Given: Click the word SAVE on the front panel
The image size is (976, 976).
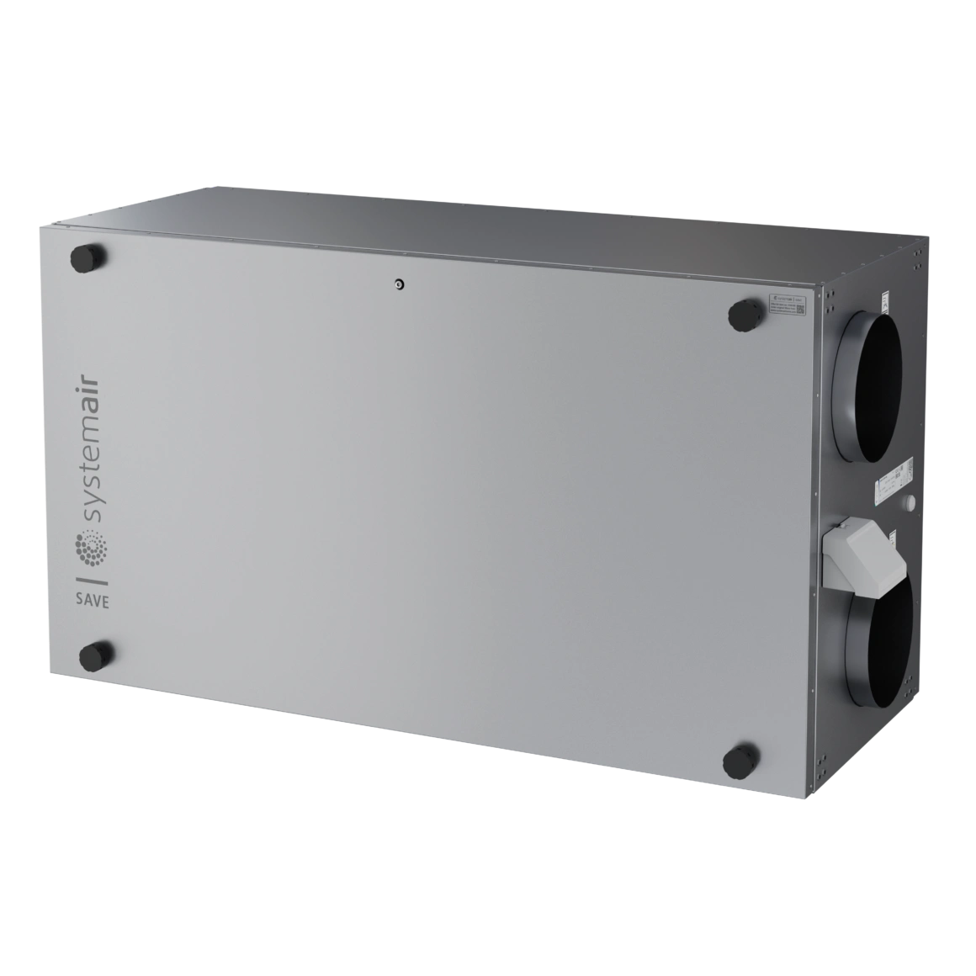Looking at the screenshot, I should click(x=92, y=601).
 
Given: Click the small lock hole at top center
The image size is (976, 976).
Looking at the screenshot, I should click(x=399, y=284).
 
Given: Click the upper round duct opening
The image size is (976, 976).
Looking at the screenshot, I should click(x=868, y=372).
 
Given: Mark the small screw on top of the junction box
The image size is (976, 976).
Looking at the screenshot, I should click(x=843, y=527).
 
